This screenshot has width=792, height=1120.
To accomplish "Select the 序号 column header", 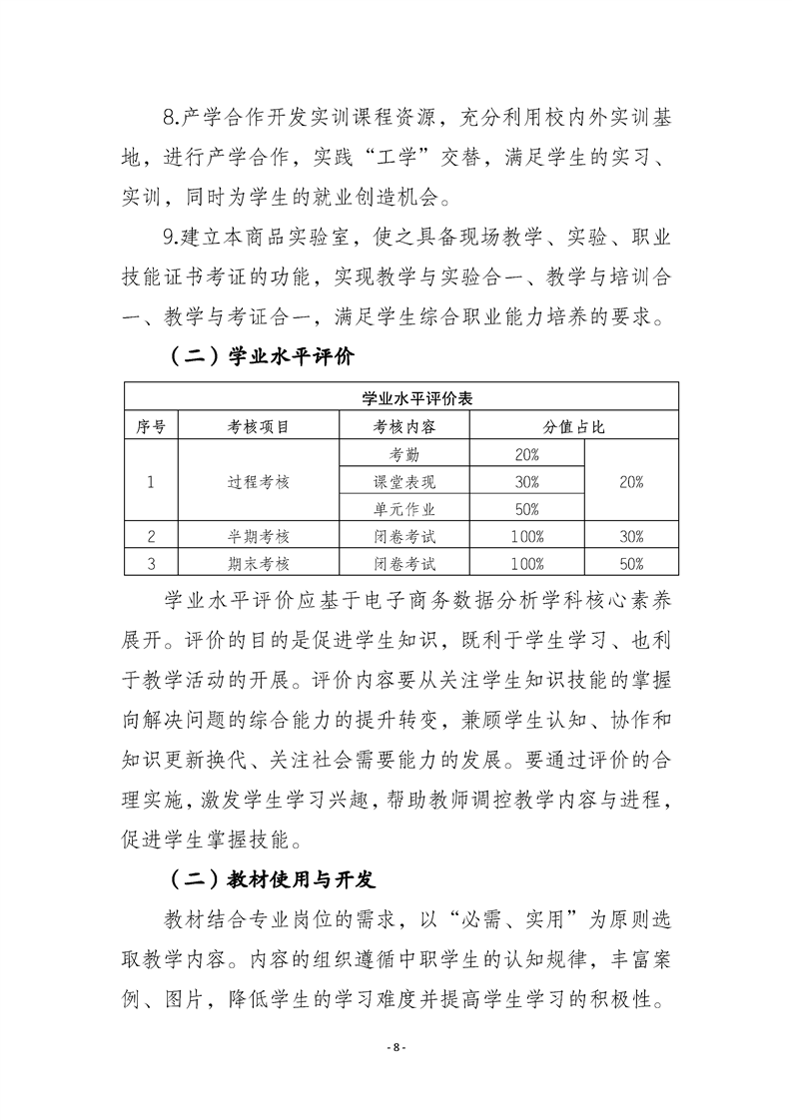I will click(x=150, y=426).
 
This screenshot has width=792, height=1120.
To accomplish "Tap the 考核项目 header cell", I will click(x=259, y=426).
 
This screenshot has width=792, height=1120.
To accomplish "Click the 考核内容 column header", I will click(x=404, y=426).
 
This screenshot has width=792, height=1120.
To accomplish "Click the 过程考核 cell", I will click(x=259, y=481).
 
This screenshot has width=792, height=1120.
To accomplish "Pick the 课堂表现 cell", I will click(x=404, y=481).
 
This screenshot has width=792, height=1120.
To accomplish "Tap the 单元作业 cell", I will click(x=404, y=508).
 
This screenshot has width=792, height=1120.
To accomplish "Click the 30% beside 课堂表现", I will click(x=526, y=481).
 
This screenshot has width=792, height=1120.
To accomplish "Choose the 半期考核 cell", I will click(x=259, y=536).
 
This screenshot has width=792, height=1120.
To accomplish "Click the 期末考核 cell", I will click(x=259, y=563).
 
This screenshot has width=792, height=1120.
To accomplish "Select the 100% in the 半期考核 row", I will click(x=526, y=536).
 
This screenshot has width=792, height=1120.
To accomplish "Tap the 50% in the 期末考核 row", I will click(x=631, y=563).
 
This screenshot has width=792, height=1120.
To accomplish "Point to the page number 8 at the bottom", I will click(x=396, y=1048).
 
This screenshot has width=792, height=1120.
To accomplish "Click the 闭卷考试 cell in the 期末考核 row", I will click(x=404, y=563).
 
